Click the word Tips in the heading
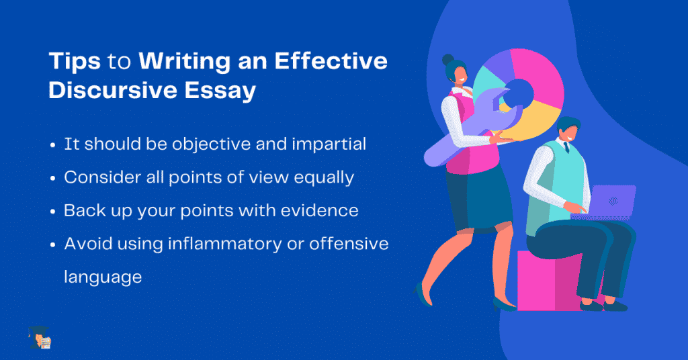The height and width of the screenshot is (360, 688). click(75, 61)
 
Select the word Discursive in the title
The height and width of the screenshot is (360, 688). click(113, 90)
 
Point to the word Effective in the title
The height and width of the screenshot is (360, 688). click(331, 60)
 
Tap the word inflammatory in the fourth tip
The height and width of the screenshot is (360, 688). click(224, 244)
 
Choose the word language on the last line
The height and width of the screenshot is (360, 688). click(103, 277)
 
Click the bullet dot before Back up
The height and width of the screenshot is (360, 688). click(53, 212)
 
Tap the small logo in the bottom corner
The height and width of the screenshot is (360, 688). click(40, 338)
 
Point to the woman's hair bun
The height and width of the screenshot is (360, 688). click(447, 59)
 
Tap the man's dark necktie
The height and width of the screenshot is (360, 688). click(566, 147)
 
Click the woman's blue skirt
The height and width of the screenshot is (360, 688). click(478, 199)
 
